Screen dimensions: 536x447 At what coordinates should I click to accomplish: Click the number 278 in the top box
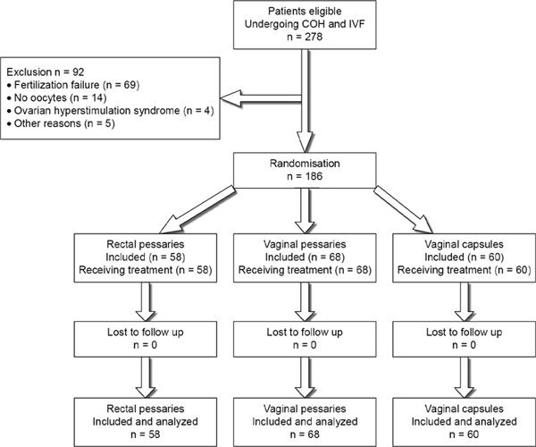[x=313, y=37]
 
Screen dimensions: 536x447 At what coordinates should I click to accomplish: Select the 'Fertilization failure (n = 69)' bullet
[x=73, y=85]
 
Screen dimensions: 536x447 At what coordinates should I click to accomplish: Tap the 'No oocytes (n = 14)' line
[x=57, y=97]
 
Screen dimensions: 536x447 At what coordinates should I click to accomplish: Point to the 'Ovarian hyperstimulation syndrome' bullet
[x=93, y=111]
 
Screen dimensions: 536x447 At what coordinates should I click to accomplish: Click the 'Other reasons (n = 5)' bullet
[x=61, y=123]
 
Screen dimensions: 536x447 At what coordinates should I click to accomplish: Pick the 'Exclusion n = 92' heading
[x=46, y=72]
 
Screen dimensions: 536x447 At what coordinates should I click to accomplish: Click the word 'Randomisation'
[x=305, y=164]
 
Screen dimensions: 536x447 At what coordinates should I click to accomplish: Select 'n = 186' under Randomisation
[x=305, y=176]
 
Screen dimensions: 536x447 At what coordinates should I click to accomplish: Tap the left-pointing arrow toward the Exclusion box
[x=261, y=98]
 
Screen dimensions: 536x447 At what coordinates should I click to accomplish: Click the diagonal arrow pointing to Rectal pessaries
[x=197, y=210]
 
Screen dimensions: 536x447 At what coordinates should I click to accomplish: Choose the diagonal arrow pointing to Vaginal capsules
[x=404, y=209]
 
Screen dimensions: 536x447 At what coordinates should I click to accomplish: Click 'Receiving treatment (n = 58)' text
[x=146, y=270]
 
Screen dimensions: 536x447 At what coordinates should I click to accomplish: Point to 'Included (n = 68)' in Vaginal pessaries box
[x=305, y=257]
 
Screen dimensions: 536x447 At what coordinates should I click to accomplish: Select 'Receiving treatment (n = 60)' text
[x=465, y=270]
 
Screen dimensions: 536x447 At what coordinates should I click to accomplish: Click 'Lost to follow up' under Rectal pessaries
[x=146, y=332]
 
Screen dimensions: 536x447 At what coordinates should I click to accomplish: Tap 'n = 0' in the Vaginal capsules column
[x=465, y=345]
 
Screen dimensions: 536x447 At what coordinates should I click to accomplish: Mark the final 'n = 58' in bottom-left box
[x=146, y=434]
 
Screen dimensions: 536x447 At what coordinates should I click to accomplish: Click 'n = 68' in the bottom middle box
[x=305, y=434]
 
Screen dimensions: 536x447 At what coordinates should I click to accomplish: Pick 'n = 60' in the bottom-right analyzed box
[x=465, y=434]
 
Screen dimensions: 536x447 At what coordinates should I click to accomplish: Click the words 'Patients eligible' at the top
[x=305, y=12]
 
